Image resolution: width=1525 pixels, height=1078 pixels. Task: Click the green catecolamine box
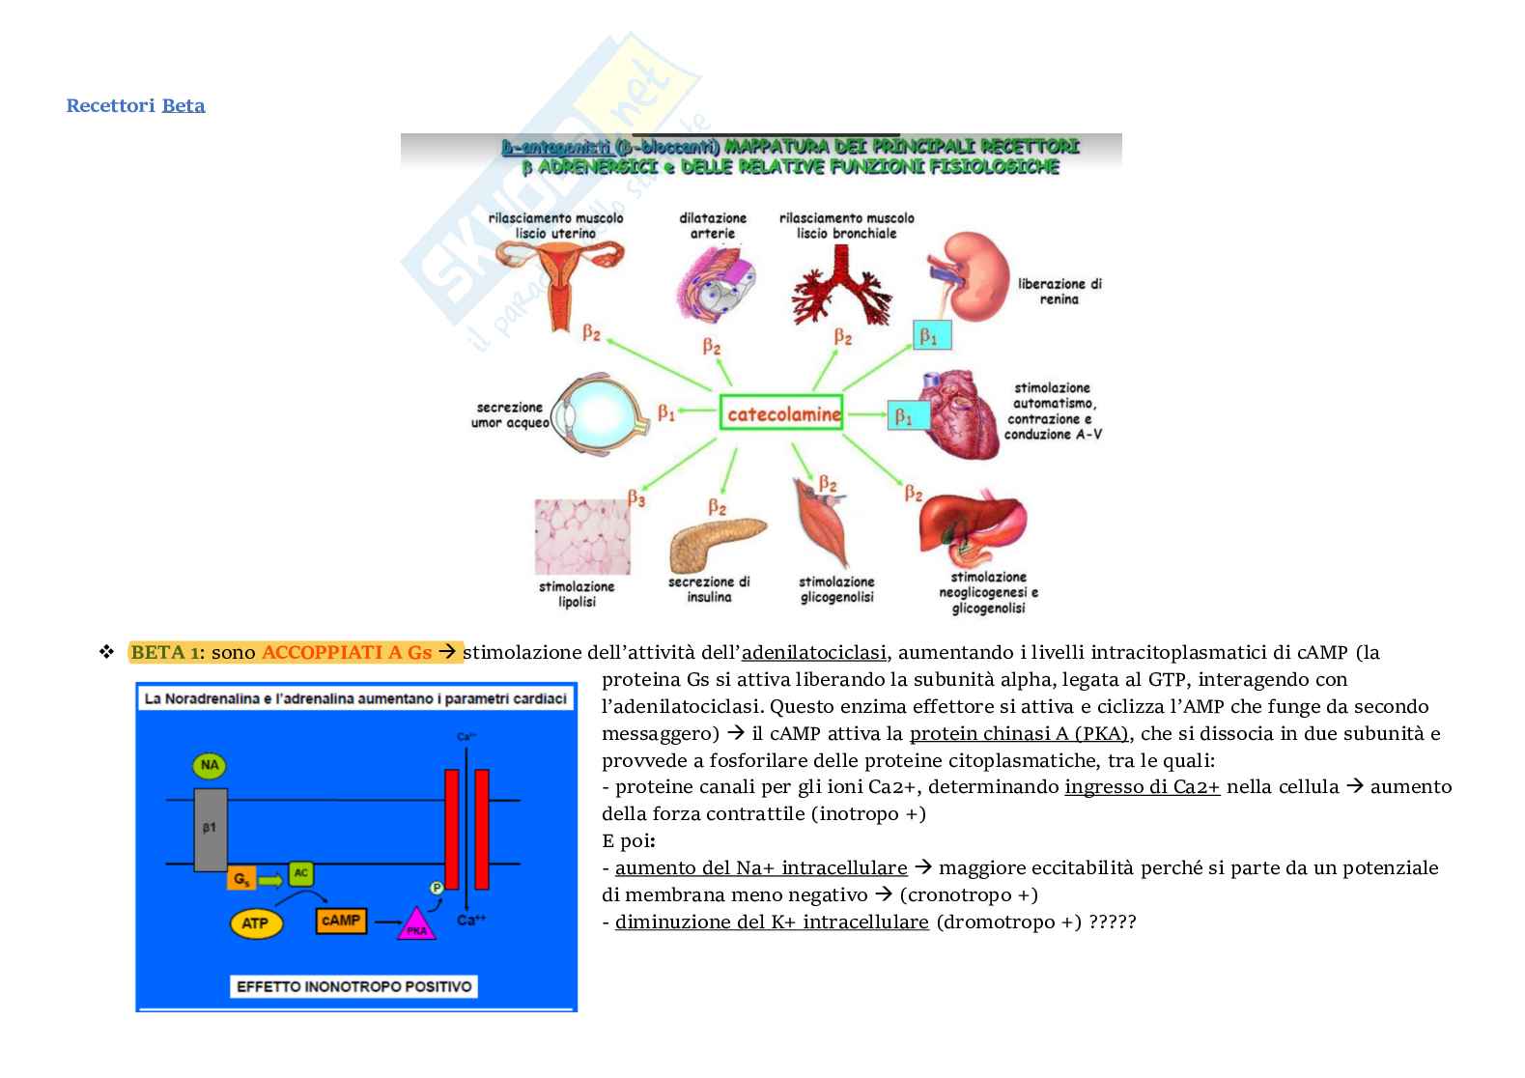pyautogui.click(x=781, y=413)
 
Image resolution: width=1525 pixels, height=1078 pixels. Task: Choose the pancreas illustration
pyautogui.click(x=716, y=545)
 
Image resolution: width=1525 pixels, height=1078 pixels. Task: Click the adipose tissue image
pyautogui.click(x=582, y=537)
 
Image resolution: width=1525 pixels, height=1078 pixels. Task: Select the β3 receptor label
pyautogui.click(x=635, y=498)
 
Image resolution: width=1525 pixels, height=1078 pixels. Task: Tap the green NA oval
pyautogui.click(x=209, y=766)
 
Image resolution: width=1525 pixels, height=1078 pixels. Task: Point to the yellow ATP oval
pyautogui.click(x=255, y=922)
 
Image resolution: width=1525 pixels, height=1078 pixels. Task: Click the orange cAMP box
pyautogui.click(x=341, y=921)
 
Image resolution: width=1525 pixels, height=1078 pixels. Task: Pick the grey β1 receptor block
pyautogui.click(x=211, y=829)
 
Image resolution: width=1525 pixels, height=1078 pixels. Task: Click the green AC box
pyautogui.click(x=300, y=872)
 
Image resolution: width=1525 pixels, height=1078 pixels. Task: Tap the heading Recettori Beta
pyautogui.click(x=135, y=105)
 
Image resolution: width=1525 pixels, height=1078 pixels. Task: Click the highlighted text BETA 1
pyautogui.click(x=164, y=652)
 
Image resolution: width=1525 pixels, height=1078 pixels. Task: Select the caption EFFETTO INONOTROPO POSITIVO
pyautogui.click(x=355, y=986)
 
